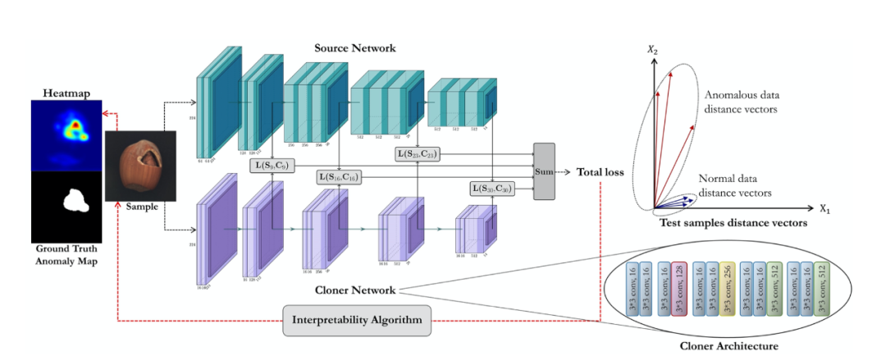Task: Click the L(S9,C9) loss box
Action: (272, 167)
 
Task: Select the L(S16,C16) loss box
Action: (338, 177)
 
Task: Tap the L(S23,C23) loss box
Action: (418, 153)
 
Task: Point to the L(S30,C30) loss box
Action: (492, 189)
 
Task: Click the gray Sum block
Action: (544, 171)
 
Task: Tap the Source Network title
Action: (355, 48)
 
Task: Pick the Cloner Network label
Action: (355, 289)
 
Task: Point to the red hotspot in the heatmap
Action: (76, 126)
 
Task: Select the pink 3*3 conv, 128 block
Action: (678, 289)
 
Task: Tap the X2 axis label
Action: (653, 51)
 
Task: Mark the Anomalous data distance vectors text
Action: (741, 102)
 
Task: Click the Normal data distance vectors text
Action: (734, 186)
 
